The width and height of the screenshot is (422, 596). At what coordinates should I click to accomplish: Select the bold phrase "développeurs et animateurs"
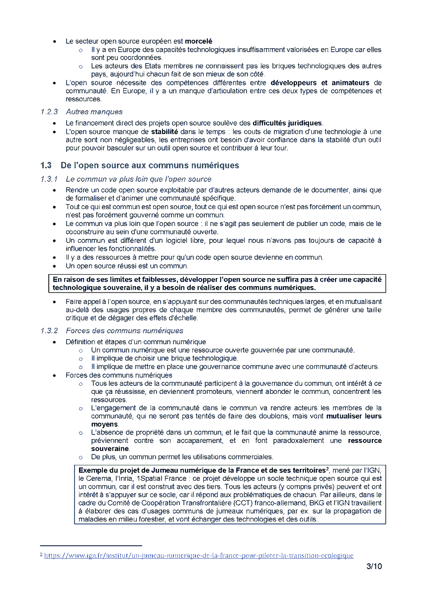(317, 82)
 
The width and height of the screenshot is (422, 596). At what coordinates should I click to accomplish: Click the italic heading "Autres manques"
(94, 112)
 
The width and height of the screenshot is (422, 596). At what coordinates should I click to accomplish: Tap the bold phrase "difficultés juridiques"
(287, 123)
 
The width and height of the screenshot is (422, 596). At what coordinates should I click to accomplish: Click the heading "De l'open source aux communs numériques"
(150, 165)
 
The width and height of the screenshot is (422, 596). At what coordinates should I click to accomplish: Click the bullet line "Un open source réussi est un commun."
(127, 266)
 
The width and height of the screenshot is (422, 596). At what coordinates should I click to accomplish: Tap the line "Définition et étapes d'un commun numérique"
(136, 342)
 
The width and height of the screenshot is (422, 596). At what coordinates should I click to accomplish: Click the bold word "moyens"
(104, 425)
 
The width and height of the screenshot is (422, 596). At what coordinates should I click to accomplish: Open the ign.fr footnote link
(199, 555)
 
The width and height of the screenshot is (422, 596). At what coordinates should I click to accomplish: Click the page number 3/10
(374, 566)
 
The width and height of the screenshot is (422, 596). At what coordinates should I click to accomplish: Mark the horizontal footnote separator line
(90, 545)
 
